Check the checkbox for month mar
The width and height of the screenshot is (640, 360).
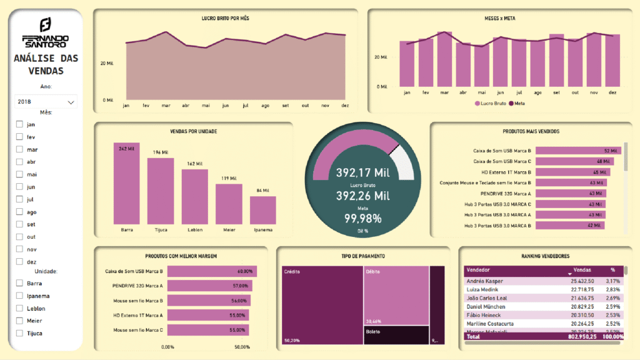tap(19, 149)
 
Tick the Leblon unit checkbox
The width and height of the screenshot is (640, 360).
tap(19, 308)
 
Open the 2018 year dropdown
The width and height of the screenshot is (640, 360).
tap(46, 101)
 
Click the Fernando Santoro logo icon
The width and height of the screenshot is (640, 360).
tap(45, 25)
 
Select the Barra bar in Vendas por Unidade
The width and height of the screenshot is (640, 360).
tap(126, 184)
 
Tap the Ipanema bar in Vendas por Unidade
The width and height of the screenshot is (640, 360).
tap(262, 211)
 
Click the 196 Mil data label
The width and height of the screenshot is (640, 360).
tap(161, 152)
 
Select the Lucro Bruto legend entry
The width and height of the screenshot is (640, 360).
tap(491, 102)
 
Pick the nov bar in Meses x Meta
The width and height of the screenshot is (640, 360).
tap(594, 60)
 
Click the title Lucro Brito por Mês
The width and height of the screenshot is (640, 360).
tap(226, 19)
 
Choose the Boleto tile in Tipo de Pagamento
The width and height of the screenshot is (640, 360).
tap(395, 334)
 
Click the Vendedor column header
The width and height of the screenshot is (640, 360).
tap(478, 270)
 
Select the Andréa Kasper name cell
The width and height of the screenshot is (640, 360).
tap(484, 281)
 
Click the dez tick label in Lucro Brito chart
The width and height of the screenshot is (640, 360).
tap(344, 106)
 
